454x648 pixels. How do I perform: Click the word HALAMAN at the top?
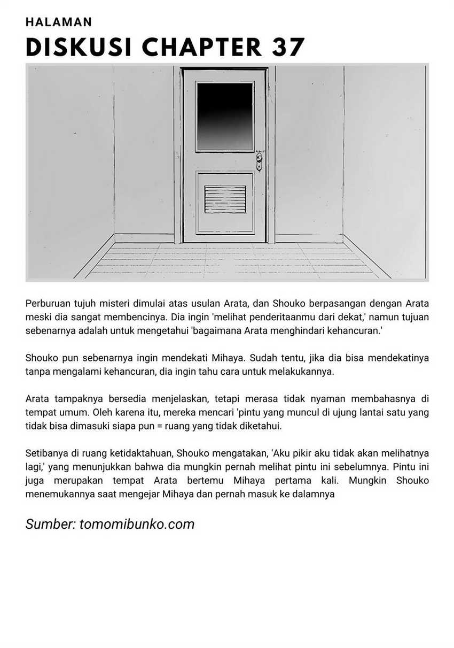[x=59, y=22]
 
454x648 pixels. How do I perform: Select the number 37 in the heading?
[x=288, y=48]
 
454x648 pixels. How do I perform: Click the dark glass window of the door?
[x=224, y=116]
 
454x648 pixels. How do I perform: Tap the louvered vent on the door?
[x=225, y=199]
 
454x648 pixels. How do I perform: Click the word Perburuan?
[x=49, y=304]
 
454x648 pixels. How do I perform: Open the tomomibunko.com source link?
[x=137, y=524]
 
